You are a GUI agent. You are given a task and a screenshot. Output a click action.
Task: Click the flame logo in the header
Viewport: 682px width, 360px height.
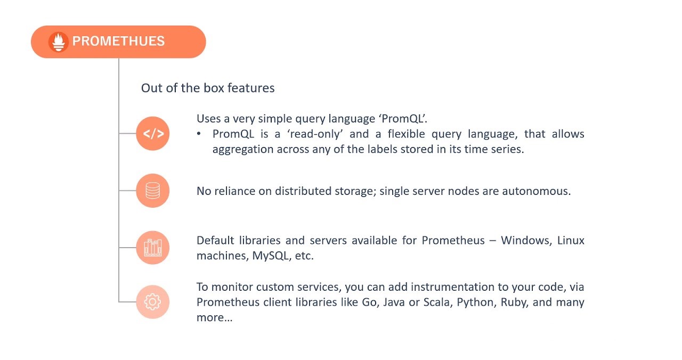tap(58, 42)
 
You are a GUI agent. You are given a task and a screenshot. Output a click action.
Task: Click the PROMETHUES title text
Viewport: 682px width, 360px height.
tap(118, 42)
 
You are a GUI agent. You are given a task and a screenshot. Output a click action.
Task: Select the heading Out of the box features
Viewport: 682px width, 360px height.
tap(208, 88)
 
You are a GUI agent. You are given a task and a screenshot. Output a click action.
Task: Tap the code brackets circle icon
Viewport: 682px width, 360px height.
tap(153, 134)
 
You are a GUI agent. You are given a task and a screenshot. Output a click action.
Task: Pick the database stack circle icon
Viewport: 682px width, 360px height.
tap(153, 191)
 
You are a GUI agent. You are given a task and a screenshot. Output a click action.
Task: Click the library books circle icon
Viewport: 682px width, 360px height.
tap(153, 248)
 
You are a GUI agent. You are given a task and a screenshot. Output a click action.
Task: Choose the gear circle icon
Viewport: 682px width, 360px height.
tap(153, 302)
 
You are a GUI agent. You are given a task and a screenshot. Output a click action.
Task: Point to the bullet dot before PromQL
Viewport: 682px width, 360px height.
tap(199, 134)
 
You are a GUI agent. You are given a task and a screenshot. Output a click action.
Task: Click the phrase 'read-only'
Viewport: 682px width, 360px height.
tap(315, 134)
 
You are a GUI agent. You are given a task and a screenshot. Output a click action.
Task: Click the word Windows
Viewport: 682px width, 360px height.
tap(526, 240)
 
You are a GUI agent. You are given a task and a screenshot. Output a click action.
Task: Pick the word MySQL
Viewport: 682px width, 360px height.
tap(270, 256)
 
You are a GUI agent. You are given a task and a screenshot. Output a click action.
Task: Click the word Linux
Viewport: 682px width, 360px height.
tap(571, 240)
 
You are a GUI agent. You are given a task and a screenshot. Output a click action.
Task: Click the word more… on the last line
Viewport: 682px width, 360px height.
tap(215, 318)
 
